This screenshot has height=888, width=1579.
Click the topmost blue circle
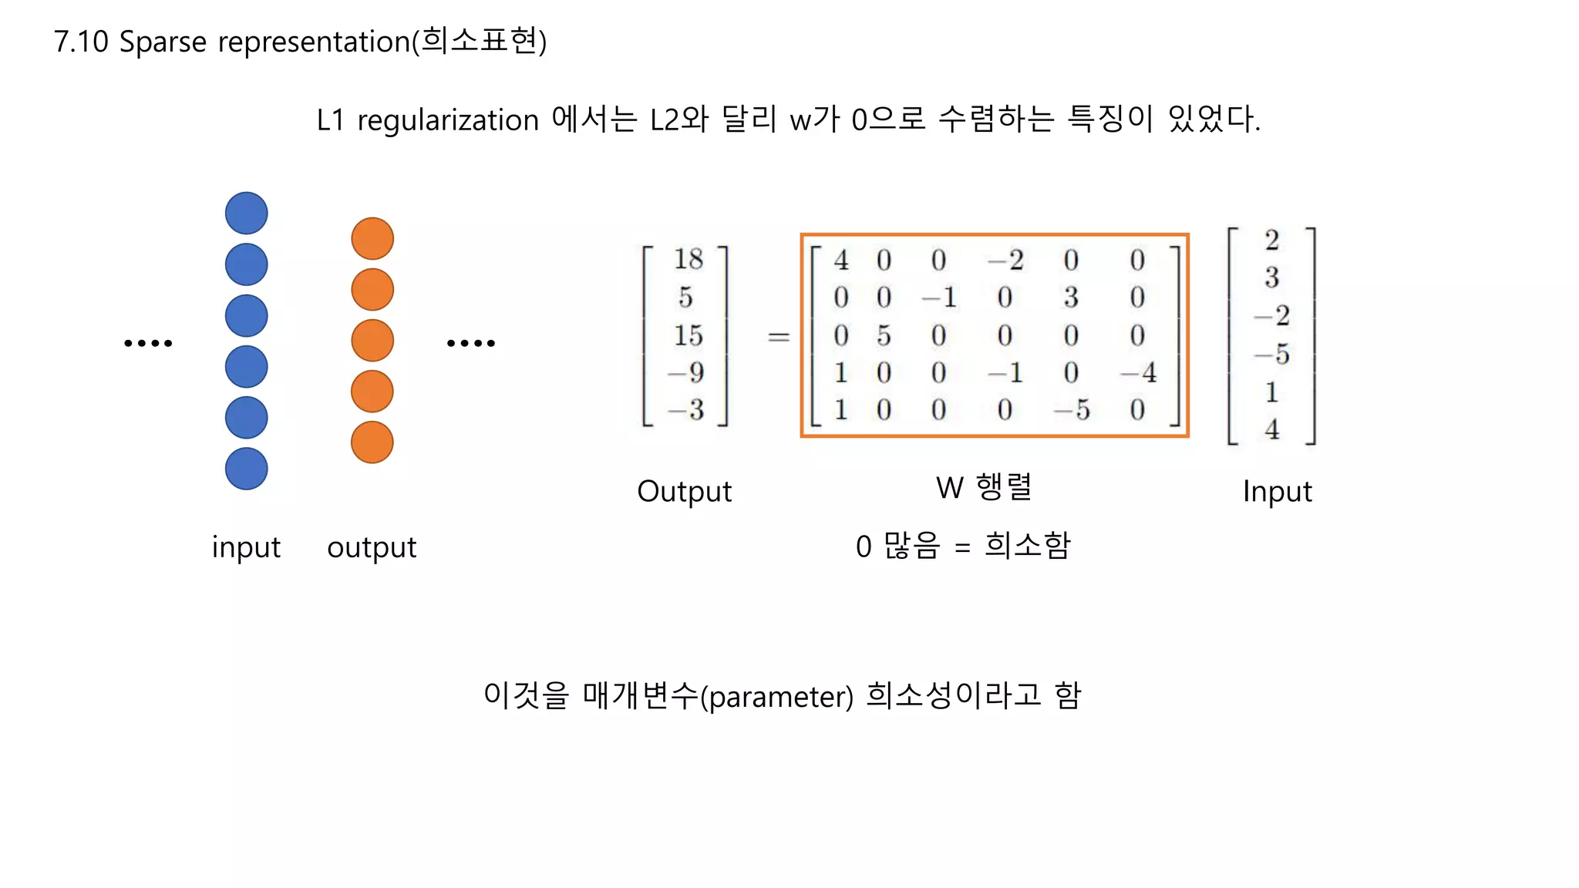click(247, 214)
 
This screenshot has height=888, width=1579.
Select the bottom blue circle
click(247, 469)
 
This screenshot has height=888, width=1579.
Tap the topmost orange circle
click(372, 239)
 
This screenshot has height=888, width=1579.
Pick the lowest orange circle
click(372, 442)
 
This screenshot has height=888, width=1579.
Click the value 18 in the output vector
click(688, 259)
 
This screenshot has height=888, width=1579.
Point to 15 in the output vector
click(688, 335)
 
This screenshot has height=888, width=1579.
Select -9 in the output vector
click(686, 373)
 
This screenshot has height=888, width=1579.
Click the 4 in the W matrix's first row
click(841, 261)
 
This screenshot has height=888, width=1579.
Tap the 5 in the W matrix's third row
click(884, 335)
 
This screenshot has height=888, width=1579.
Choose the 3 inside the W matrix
click(1071, 298)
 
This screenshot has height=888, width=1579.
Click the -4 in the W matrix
click(1139, 373)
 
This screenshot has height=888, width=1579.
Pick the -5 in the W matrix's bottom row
click(1072, 410)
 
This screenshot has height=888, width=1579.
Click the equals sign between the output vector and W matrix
click(779, 337)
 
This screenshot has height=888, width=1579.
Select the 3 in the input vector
click(1272, 277)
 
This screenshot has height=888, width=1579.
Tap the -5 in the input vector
click(1272, 354)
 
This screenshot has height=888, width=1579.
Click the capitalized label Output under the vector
click(684, 492)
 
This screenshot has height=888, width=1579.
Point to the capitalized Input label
click(1277, 492)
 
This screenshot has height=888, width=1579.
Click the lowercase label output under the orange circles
click(372, 548)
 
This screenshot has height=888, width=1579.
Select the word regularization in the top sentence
click(448, 121)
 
